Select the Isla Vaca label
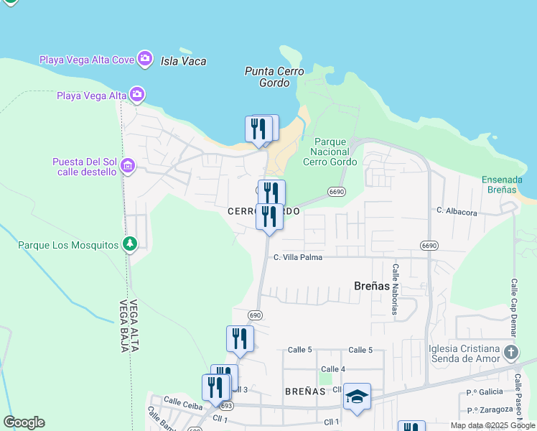pyautogui.click(x=184, y=61)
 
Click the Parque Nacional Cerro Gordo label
pyautogui.click(x=330, y=152)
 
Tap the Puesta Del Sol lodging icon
pyautogui.click(x=128, y=167)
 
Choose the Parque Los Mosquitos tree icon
pyautogui.click(x=129, y=245)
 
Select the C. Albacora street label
pyautogui.click(x=457, y=212)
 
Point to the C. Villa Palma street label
pyautogui.click(x=298, y=256)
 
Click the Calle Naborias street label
pyautogui.click(x=395, y=288)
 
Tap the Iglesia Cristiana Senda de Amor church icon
pyautogui.click(x=510, y=352)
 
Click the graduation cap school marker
pyautogui.click(x=357, y=397)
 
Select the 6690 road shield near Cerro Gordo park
pyautogui.click(x=337, y=192)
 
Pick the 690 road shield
pyautogui.click(x=256, y=315)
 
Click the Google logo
pyautogui.click(x=24, y=422)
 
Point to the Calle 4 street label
pyautogui.click(x=333, y=369)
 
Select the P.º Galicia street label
pyautogui.click(x=482, y=391)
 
